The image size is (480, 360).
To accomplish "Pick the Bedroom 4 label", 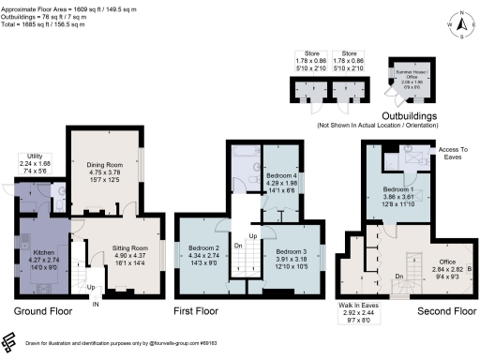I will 281,176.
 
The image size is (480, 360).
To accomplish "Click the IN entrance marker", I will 94,304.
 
